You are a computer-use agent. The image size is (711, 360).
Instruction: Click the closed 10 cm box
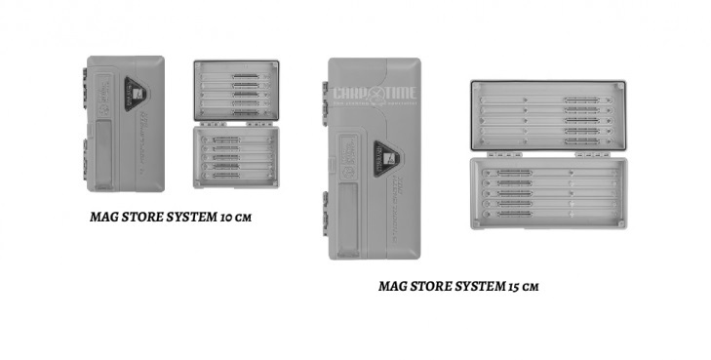[x=125, y=123]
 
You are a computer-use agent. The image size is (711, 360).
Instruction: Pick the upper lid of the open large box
[x=547, y=115]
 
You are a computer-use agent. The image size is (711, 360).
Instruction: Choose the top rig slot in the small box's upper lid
[x=237, y=75]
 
